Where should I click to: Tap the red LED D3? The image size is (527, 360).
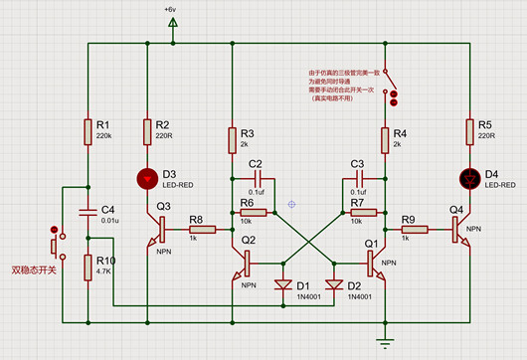click(x=147, y=180)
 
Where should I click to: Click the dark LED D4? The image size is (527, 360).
click(x=469, y=180)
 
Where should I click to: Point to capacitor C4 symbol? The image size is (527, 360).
click(x=88, y=210)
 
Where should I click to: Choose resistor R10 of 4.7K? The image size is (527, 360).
click(x=88, y=267)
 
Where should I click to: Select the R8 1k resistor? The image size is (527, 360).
click(x=195, y=229)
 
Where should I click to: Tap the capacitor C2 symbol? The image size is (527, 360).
click(x=256, y=180)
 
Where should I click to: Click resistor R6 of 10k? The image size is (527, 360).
click(x=255, y=212)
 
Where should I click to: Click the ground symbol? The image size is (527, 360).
click(x=382, y=342)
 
